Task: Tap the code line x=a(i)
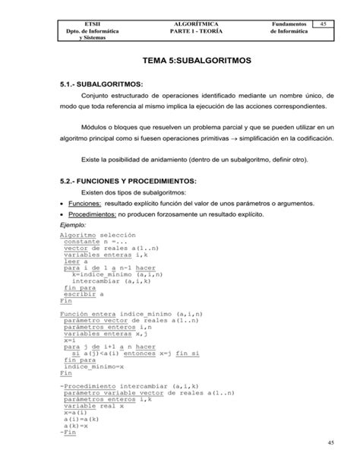click(x=74, y=414)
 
